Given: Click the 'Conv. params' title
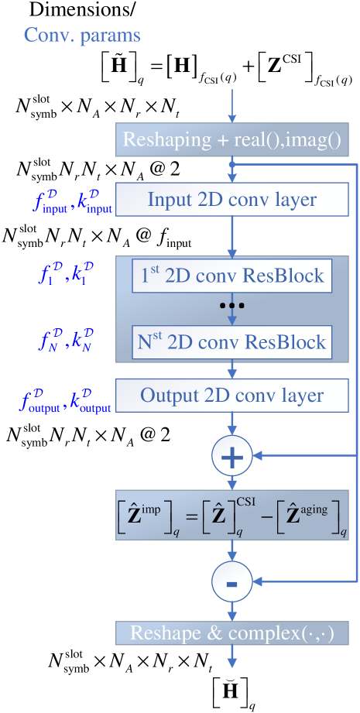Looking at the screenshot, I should (x=82, y=36).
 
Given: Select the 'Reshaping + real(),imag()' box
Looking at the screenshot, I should (x=232, y=140).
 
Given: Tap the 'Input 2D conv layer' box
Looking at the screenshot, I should (x=232, y=200).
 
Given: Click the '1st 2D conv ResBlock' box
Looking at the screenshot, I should (x=232, y=276).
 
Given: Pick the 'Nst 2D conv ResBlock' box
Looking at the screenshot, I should (x=232, y=342).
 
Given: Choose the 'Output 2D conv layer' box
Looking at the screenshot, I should (x=232, y=396).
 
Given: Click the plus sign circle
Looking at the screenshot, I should (x=232, y=457).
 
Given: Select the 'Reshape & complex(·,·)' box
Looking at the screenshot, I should (x=232, y=632).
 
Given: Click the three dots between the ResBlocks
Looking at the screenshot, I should (x=232, y=306).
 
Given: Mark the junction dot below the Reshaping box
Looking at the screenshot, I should (x=232, y=165).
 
